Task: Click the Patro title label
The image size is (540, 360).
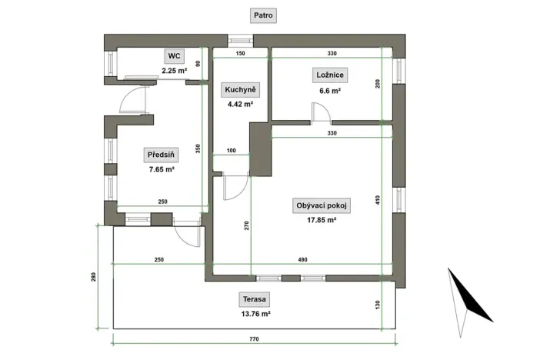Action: (x=265, y=15)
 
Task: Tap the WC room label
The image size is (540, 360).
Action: (x=175, y=56)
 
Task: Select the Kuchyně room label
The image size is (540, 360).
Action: (x=240, y=89)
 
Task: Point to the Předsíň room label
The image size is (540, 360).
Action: (x=162, y=155)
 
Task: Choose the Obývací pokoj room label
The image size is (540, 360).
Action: (x=322, y=205)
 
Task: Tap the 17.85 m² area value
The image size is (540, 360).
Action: (x=322, y=220)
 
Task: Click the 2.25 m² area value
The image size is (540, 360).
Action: (x=175, y=71)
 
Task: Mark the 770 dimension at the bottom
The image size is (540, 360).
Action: (x=253, y=339)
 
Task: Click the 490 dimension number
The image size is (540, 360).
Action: (x=302, y=260)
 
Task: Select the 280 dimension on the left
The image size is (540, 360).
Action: (x=93, y=277)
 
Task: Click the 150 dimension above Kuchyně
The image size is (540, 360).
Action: (x=240, y=54)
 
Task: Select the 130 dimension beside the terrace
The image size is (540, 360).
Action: (x=378, y=305)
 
